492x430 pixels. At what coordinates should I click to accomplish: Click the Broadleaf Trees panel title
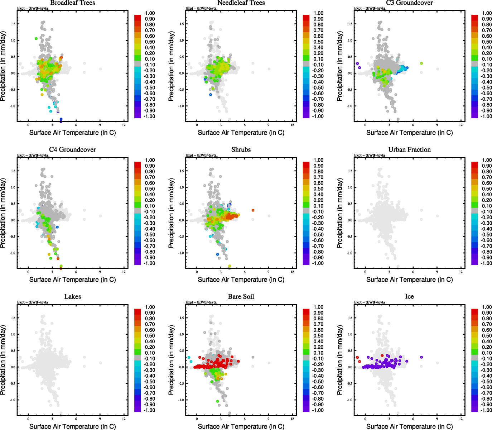[72, 3]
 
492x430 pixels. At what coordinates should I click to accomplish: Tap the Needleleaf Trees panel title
[241, 3]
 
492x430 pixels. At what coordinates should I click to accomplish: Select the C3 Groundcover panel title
[409, 3]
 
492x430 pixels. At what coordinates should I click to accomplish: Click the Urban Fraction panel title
[409, 150]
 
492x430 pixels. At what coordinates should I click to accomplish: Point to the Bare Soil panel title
[241, 297]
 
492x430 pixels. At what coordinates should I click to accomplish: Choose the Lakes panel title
[72, 297]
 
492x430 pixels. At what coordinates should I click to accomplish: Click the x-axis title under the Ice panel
[409, 426]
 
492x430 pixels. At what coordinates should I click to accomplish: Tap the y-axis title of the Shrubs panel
[171, 214]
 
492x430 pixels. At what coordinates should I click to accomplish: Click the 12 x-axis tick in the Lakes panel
[124, 419]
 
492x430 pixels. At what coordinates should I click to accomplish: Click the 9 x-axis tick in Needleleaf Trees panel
[269, 125]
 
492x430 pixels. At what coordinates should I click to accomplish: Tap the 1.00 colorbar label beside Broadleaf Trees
[150, 13]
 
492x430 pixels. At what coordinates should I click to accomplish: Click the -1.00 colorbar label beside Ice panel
[487, 410]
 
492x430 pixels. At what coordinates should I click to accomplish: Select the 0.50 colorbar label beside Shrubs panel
[318, 189]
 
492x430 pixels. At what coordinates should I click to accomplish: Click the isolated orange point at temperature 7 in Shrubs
[253, 210]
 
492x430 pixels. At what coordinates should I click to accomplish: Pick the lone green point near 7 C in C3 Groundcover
[421, 63]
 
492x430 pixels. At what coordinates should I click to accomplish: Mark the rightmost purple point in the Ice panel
[421, 357]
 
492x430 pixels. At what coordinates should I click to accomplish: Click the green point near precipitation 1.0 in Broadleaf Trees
[36, 39]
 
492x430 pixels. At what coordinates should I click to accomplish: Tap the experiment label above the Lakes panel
[33, 302]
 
